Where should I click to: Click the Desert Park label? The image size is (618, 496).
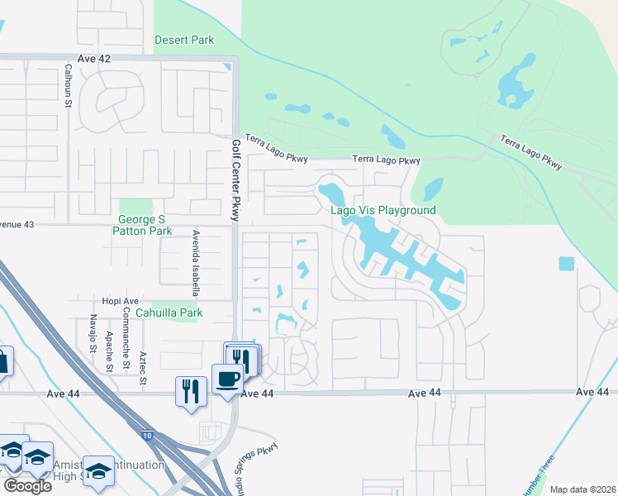[184, 40]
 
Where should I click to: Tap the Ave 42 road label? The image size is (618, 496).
[93, 59]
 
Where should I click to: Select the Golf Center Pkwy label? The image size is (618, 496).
[235, 181]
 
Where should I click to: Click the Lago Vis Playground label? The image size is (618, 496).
[383, 210]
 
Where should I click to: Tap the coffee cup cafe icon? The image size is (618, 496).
[227, 379]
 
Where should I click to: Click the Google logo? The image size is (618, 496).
[27, 485]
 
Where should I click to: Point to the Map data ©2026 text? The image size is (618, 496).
[582, 489]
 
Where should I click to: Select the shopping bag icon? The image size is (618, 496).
[2, 361]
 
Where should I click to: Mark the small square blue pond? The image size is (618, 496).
[566, 264]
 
